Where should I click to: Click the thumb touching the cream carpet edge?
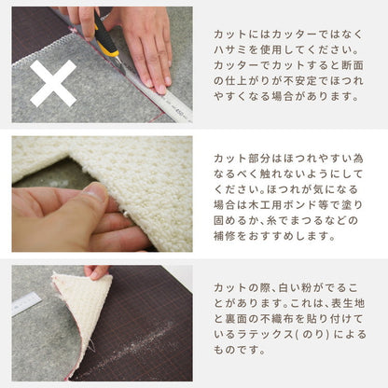click(x=92, y=194)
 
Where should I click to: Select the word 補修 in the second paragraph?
click(x=224, y=236)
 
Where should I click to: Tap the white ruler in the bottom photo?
click(x=26, y=302)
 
